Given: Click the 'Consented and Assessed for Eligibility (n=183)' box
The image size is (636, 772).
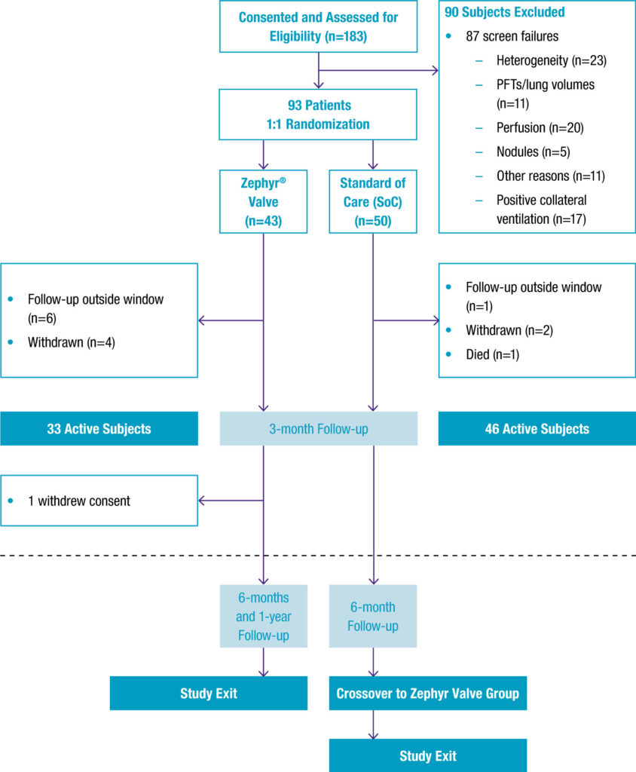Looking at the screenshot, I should pyautogui.click(x=317, y=26).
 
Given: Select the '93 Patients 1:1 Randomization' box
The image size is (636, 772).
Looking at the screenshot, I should pyautogui.click(x=317, y=114).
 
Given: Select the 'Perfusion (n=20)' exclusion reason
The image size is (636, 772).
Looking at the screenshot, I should pyautogui.click(x=540, y=127).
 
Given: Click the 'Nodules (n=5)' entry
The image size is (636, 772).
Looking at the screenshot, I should pyautogui.click(x=533, y=152).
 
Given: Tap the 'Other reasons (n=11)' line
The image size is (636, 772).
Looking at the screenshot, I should pyautogui.click(x=551, y=176).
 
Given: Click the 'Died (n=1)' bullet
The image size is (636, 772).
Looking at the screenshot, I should pyautogui.click(x=492, y=354).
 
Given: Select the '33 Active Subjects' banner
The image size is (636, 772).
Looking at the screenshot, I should pyautogui.click(x=99, y=429).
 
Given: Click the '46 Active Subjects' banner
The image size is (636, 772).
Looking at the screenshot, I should pyautogui.click(x=537, y=429).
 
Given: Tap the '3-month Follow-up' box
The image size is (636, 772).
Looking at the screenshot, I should pyautogui.click(x=318, y=429).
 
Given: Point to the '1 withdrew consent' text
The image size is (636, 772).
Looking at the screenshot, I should pyautogui.click(x=78, y=501).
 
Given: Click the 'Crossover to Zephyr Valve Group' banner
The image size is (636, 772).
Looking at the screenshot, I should pyautogui.click(x=427, y=694).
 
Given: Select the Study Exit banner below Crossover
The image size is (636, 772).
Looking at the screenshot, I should pyautogui.click(x=427, y=755).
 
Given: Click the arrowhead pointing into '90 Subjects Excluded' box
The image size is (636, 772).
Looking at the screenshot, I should pyautogui.click(x=435, y=71).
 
